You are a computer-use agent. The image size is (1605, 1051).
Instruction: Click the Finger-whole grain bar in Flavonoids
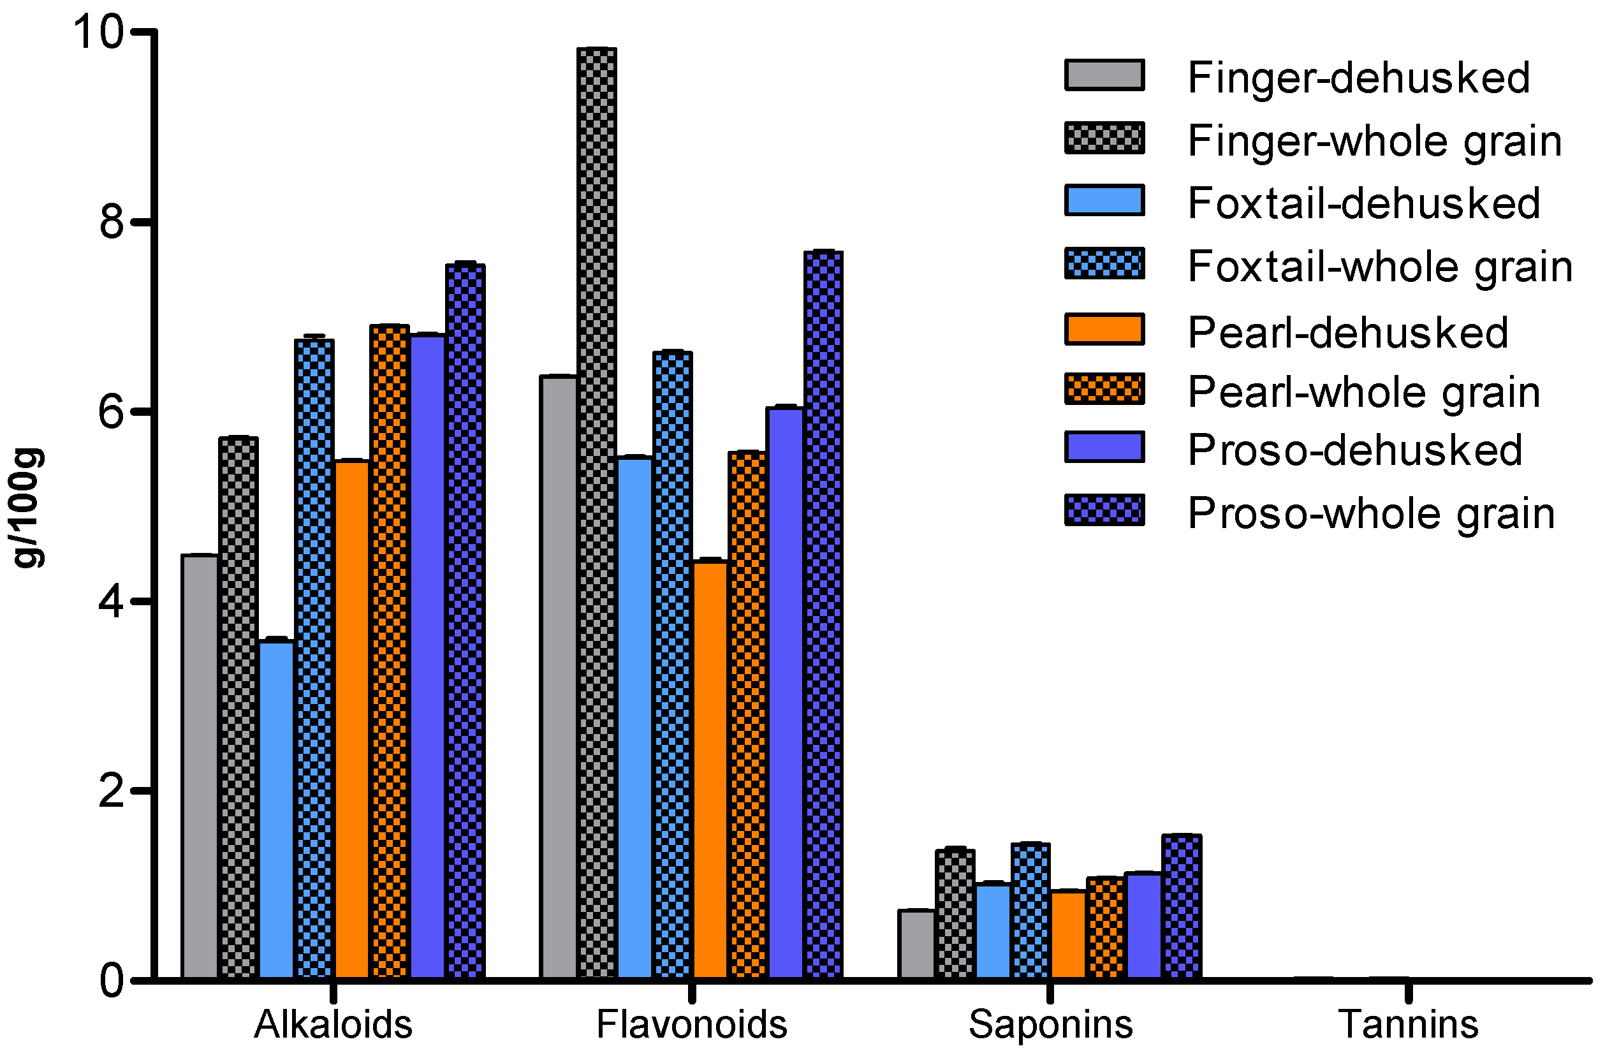pyautogui.click(x=596, y=513)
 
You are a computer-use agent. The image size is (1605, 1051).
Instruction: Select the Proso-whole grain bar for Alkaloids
pyautogui.click(x=465, y=621)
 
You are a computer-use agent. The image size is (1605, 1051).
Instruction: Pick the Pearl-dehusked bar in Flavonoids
pyautogui.click(x=710, y=769)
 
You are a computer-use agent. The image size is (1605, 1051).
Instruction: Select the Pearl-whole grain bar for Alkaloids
pyautogui.click(x=389, y=651)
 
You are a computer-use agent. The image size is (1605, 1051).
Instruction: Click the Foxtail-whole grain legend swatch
pyautogui.click(x=1104, y=263)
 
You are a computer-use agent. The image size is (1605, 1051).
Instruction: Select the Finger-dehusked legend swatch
pyautogui.click(x=1104, y=75)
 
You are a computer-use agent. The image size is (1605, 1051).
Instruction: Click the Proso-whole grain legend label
pyautogui.click(x=1371, y=514)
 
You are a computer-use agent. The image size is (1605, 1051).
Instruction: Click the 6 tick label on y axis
pyautogui.click(x=111, y=411)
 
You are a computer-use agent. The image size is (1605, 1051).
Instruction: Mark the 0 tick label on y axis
pyautogui.click(x=111, y=981)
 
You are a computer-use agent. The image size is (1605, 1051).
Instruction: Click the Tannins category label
pyautogui.click(x=1408, y=1024)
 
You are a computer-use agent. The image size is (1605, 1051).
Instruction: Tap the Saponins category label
pyautogui.click(x=1050, y=1024)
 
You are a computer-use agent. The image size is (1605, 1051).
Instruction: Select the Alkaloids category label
pyautogui.click(x=332, y=1024)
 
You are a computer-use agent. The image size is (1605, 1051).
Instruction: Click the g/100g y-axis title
pyautogui.click(x=28, y=507)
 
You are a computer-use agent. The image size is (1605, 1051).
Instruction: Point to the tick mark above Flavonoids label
pyautogui.click(x=692, y=993)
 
